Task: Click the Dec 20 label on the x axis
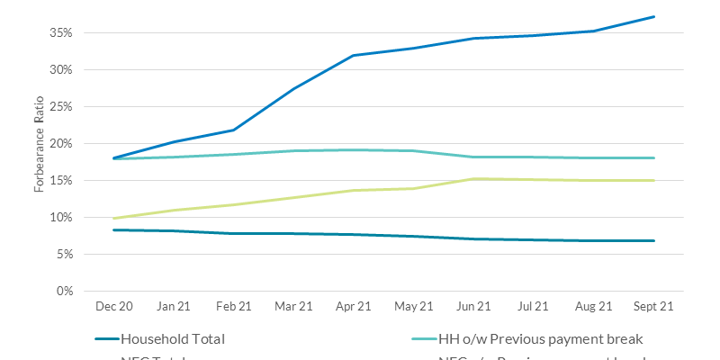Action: tap(114, 307)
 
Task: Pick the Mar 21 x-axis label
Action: tap(293, 307)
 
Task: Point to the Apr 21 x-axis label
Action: tap(353, 307)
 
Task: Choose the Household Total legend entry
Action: tap(172, 339)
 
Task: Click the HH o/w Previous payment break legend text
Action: tap(539, 339)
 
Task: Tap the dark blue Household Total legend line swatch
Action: tap(105, 339)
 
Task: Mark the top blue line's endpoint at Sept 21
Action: tap(654, 16)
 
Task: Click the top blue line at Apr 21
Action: tap(354, 55)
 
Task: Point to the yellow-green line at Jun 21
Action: tap(472, 179)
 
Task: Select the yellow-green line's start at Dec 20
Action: tap(114, 218)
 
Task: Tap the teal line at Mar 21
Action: tap(294, 150)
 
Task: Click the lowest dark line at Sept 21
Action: tap(654, 240)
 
